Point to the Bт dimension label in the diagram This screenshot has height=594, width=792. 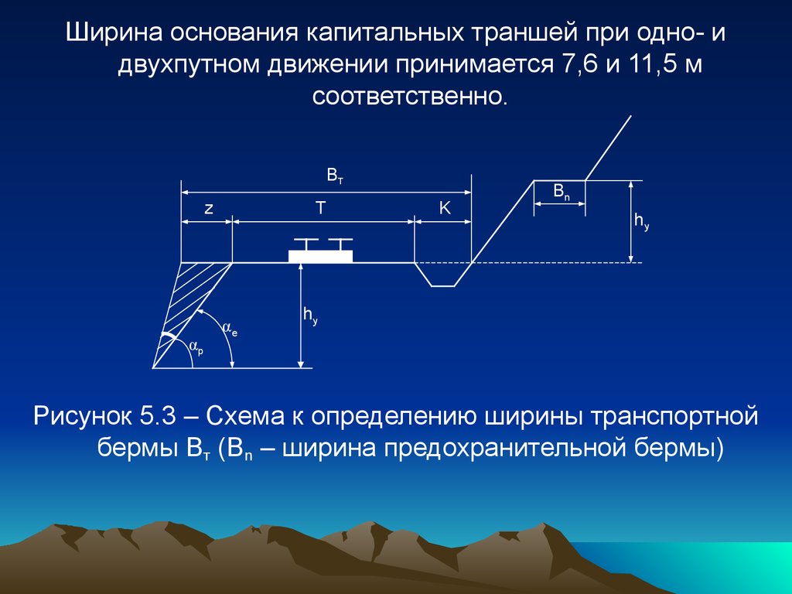335,176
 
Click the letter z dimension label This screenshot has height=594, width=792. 209,209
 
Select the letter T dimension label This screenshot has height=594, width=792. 321,207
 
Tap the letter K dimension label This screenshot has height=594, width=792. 444,207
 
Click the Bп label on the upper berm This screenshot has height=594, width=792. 562,192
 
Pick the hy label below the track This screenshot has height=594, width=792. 310,316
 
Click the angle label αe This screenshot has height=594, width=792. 230,329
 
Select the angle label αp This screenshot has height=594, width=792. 196,347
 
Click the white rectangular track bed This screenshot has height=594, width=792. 320,256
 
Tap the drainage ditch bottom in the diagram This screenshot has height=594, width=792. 442,286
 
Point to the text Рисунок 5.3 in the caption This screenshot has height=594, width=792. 104,417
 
